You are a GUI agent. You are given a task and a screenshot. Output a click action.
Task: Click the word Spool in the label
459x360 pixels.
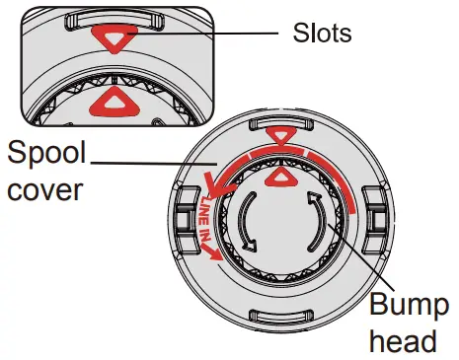pyautogui.click(x=46, y=154)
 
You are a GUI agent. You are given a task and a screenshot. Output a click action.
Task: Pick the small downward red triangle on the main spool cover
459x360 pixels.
pyautogui.click(x=281, y=137)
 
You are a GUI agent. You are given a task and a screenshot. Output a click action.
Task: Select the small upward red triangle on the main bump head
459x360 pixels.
pyautogui.click(x=282, y=177)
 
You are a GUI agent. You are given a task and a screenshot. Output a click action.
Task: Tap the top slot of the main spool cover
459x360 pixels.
pyautogui.click(x=281, y=123)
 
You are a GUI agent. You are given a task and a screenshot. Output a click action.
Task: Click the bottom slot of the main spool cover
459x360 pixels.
pyautogui.click(x=282, y=317)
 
